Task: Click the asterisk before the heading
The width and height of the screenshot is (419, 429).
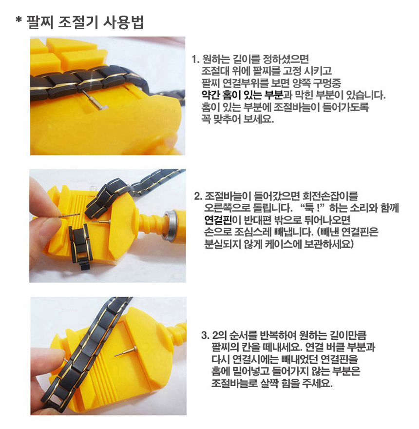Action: pyautogui.click(x=19, y=20)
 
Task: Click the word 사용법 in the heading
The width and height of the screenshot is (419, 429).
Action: pyautogui.click(x=123, y=22)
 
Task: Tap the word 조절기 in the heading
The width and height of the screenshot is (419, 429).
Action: pyautogui.click(x=78, y=22)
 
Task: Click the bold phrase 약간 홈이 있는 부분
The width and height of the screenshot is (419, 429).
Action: pyautogui.click(x=242, y=95)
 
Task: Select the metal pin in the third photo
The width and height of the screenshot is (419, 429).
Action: pyautogui.click(x=126, y=351)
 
